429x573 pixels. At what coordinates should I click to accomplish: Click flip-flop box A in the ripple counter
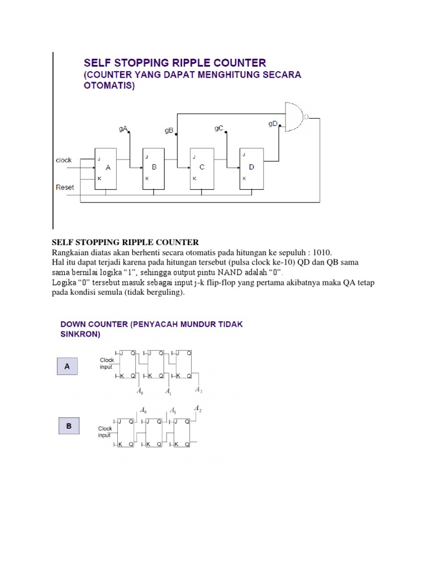(106, 168)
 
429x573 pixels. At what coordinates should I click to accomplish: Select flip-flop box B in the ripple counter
(153, 168)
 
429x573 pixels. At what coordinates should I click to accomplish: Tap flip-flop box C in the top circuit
(202, 168)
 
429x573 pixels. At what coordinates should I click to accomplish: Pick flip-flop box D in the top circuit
(251, 168)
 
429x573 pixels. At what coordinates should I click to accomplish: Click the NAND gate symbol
(294, 117)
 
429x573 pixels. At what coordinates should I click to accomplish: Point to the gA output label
(123, 129)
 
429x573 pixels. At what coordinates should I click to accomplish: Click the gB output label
(169, 130)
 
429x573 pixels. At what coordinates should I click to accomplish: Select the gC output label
(219, 128)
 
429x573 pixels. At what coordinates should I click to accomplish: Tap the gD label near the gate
(272, 124)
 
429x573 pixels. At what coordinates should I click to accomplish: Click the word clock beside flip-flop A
(64, 160)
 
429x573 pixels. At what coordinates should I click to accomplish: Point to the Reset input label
(65, 187)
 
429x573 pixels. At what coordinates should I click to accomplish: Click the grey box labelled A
(68, 367)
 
